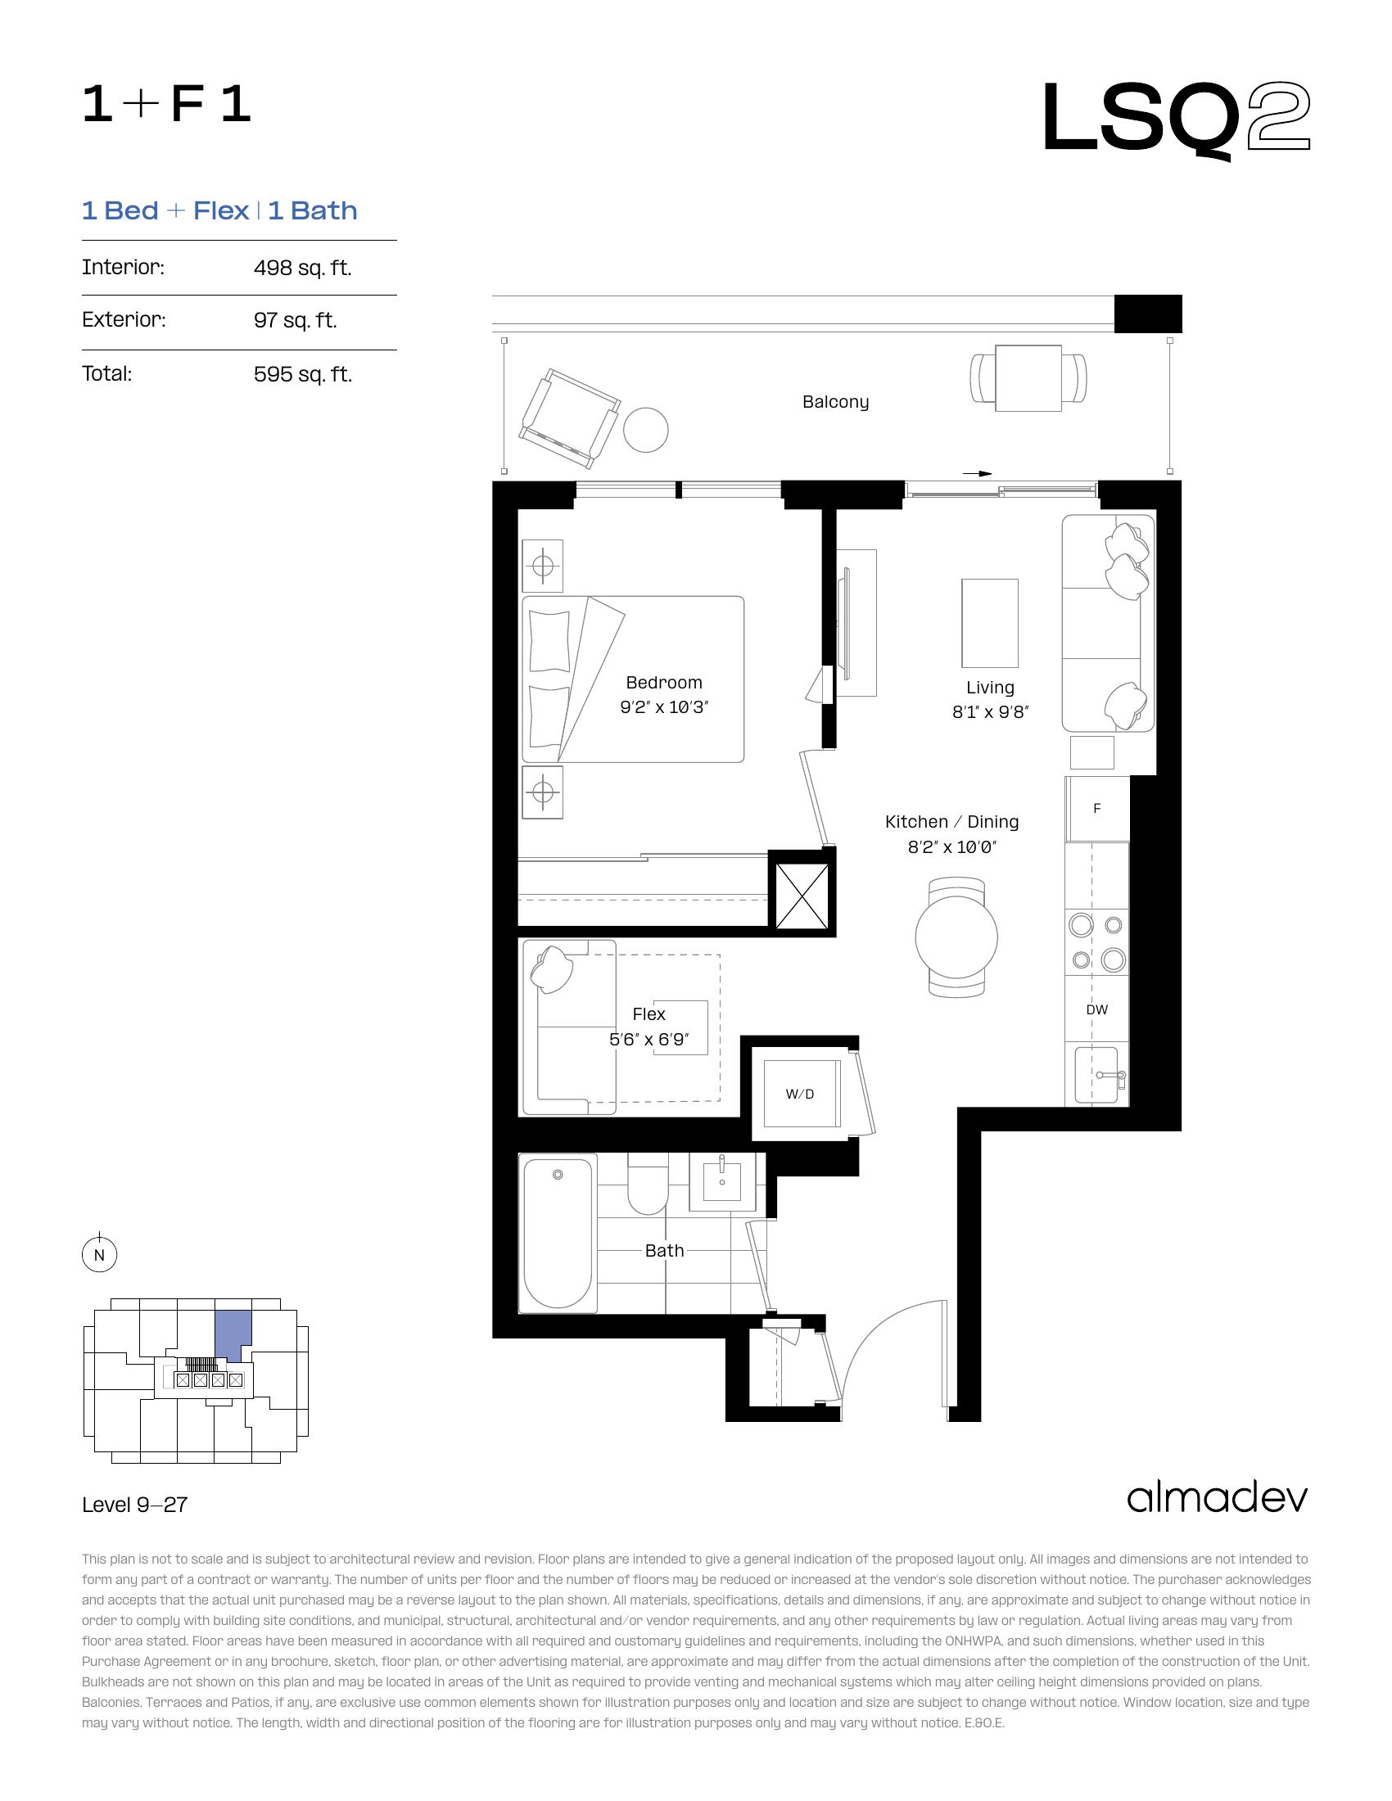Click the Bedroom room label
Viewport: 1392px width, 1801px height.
pyautogui.click(x=664, y=682)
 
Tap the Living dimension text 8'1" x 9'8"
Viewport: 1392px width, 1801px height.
pyautogui.click(x=990, y=711)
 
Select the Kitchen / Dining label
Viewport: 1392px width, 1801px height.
pyautogui.click(x=951, y=821)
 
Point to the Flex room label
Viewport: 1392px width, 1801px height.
pyautogui.click(x=649, y=1014)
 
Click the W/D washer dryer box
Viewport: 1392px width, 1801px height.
pyautogui.click(x=801, y=1095)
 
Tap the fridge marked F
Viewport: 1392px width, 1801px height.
pyautogui.click(x=1096, y=808)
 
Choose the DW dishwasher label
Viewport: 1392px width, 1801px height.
pyautogui.click(x=1096, y=1009)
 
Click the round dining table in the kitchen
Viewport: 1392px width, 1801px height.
pyautogui.click(x=956, y=937)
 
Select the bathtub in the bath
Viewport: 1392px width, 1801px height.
pyautogui.click(x=558, y=1234)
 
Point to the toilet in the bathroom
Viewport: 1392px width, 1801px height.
pyautogui.click(x=648, y=1184)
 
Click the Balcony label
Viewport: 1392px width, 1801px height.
pyautogui.click(x=835, y=403)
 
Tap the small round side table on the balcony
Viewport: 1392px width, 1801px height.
pyautogui.click(x=646, y=430)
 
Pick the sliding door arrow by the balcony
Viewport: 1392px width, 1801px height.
pyautogui.click(x=977, y=473)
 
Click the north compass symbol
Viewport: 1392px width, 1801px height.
pyautogui.click(x=100, y=1255)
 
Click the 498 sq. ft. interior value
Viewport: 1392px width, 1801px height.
pyautogui.click(x=303, y=268)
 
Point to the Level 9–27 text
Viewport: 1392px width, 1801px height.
pyautogui.click(x=135, y=1504)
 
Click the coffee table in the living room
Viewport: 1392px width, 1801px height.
pyautogui.click(x=990, y=623)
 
